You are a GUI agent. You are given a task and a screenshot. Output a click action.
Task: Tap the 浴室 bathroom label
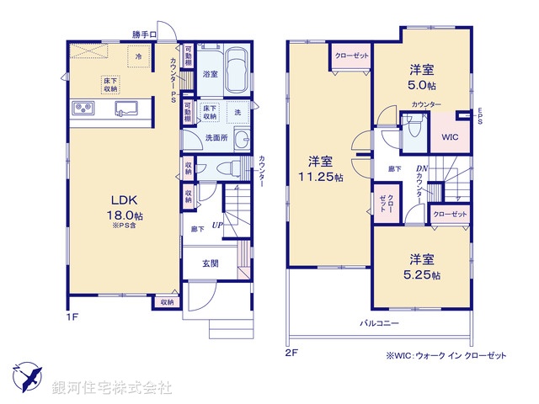[x=210, y=75]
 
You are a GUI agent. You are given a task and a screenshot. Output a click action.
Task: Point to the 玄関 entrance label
[x=211, y=263]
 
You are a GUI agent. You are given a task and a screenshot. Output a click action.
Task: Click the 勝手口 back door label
[x=145, y=34]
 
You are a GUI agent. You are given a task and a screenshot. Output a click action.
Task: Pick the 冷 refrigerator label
[x=138, y=56]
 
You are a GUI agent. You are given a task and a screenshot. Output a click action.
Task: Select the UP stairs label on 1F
[x=216, y=226]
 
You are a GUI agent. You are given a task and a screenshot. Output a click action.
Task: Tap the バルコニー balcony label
[x=379, y=323]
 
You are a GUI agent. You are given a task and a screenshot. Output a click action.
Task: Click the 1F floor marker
[x=74, y=318]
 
